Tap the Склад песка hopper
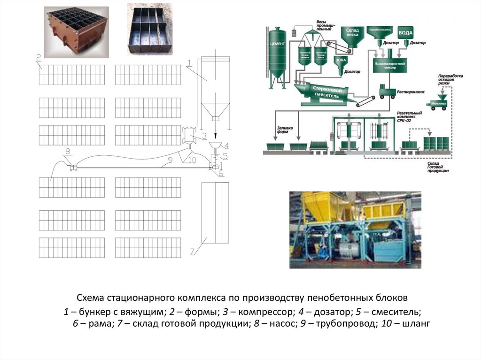[x=352, y=36]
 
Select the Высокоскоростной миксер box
[x=389, y=65]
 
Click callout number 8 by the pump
[x=68, y=151]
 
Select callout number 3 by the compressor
[x=204, y=136]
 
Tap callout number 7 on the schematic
[x=192, y=252]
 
